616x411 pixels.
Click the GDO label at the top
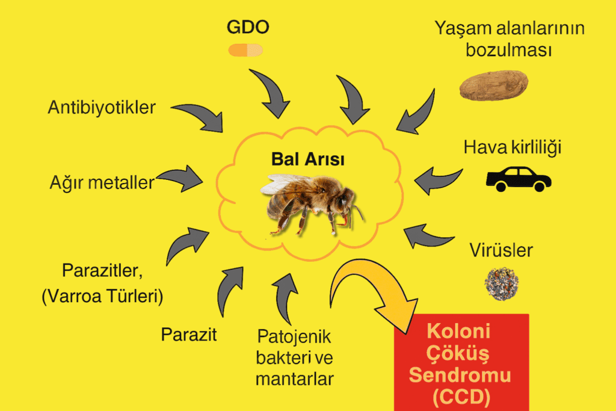tap(248, 27)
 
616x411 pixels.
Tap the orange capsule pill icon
tap(245, 50)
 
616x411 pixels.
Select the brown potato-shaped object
tap(494, 85)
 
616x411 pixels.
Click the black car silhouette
tap(519, 179)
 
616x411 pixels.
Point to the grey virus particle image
tap(502, 283)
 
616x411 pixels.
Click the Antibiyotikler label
tap(102, 107)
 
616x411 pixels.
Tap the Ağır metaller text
tap(102, 183)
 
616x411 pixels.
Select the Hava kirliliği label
tap(513, 147)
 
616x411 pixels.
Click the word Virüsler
tap(501, 250)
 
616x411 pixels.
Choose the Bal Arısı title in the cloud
tap(307, 159)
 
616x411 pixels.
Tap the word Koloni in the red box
tap(458, 331)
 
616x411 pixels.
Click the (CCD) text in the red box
tap(461, 397)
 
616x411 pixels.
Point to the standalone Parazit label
tap(188, 335)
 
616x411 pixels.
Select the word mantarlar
tap(295, 379)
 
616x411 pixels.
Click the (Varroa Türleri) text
tap(102, 296)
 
